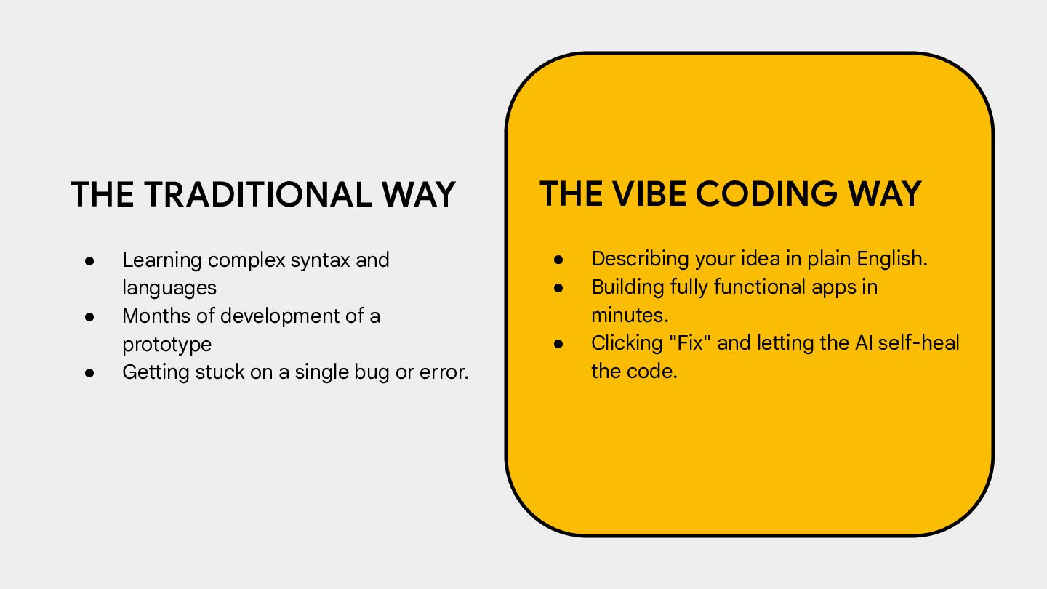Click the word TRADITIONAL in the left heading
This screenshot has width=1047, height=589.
pos(258,194)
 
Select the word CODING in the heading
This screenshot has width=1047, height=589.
pos(766,193)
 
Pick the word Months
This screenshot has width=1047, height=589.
pos(156,316)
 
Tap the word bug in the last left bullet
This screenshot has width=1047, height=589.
pos(372,373)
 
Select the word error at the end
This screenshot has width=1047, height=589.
pos(444,372)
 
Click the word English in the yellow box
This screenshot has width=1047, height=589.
pos(892,260)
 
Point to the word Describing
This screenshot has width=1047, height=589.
pos(640,260)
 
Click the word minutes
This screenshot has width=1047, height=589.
pos(630,316)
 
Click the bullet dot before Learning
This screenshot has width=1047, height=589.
pos(89,261)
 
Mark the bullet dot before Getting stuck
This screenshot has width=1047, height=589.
pos(89,373)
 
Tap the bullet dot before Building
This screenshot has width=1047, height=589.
pos(558,288)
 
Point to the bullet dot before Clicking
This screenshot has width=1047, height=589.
pos(558,344)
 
